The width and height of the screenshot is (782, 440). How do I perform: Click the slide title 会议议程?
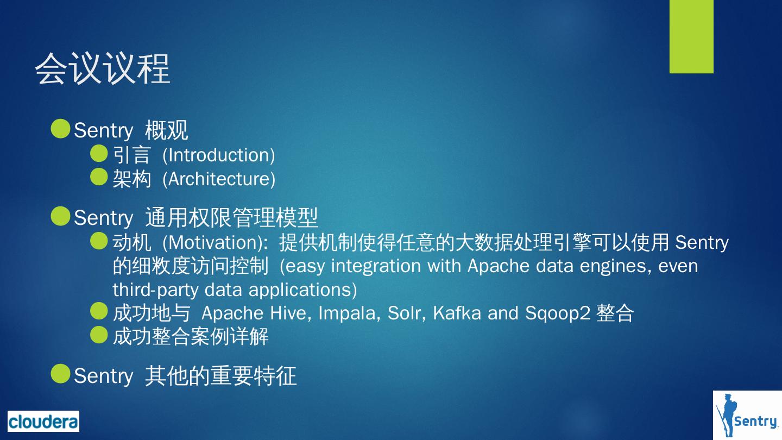click(103, 69)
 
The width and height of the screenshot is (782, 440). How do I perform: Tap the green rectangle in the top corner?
click(691, 36)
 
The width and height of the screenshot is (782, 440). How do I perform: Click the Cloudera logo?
click(43, 422)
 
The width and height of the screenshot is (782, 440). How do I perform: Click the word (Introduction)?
click(219, 155)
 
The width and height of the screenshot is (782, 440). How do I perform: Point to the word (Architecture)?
click(219, 179)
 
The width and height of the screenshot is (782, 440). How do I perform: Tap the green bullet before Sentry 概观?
click(60, 129)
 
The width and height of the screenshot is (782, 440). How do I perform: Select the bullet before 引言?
click(99, 154)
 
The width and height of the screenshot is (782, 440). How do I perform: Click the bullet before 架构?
click(99, 177)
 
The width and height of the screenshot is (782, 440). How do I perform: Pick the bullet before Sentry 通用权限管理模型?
click(60, 216)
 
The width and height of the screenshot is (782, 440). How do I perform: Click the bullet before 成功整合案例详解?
click(99, 335)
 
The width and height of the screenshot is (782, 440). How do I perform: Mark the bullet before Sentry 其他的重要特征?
click(60, 374)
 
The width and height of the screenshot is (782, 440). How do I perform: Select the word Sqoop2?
click(557, 313)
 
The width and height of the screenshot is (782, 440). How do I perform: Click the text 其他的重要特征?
click(220, 376)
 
